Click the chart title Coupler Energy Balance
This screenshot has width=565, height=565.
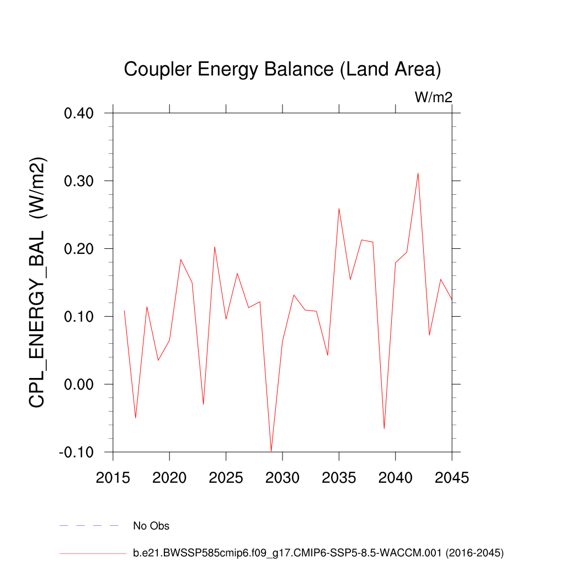click(282, 70)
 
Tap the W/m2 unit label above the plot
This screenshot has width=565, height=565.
click(434, 98)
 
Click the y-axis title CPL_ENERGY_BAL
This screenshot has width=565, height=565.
click(38, 282)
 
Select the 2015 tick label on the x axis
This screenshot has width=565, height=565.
click(113, 478)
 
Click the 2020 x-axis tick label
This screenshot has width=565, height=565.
click(169, 478)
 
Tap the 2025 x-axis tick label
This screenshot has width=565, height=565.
click(226, 478)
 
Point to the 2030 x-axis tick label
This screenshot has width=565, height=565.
click(282, 478)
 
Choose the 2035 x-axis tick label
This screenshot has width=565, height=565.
click(339, 478)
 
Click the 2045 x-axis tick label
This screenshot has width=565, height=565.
click(451, 478)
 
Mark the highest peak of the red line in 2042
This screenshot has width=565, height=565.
click(418, 173)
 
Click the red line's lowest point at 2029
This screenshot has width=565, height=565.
click(271, 451)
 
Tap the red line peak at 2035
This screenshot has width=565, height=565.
click(339, 209)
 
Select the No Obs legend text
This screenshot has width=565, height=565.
click(151, 526)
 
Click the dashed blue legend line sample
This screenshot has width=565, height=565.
click(89, 526)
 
